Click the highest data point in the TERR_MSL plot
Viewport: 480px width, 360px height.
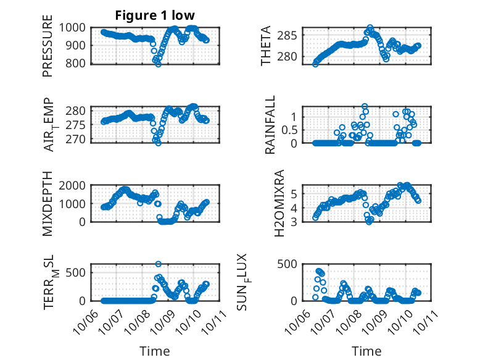pyautogui.click(x=159, y=264)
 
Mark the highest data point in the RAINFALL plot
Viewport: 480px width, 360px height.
pyautogui.click(x=365, y=106)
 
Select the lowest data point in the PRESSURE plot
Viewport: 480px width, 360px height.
pyautogui.click(x=159, y=64)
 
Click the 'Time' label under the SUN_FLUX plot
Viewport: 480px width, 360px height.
pyautogui.click(x=366, y=351)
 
